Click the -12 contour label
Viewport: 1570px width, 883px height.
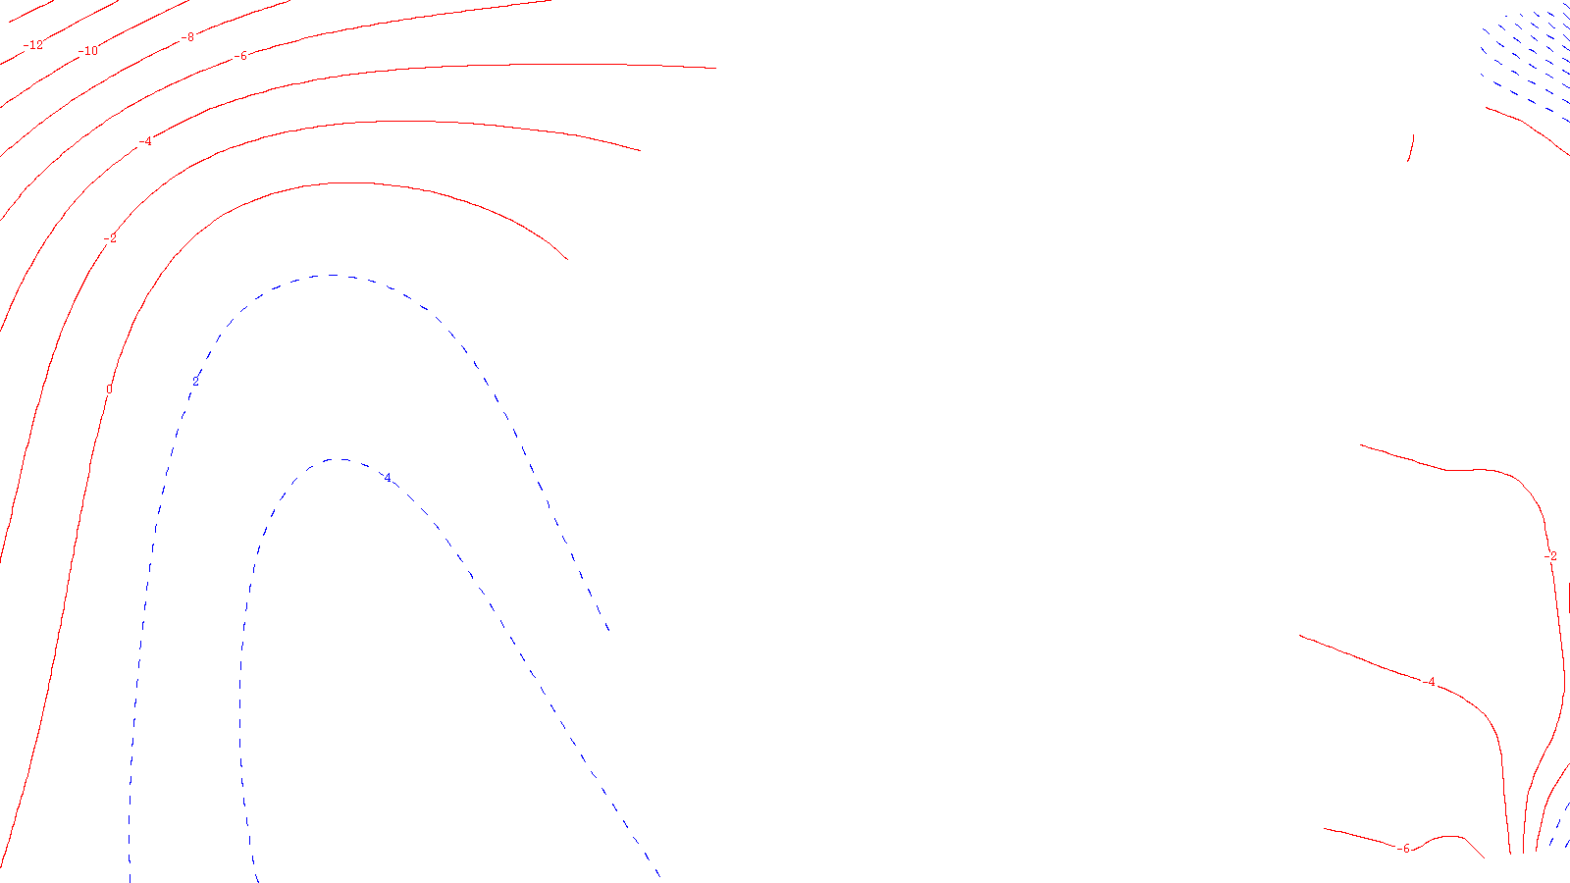(33, 45)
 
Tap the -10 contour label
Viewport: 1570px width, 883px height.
(89, 51)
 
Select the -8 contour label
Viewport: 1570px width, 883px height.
(187, 37)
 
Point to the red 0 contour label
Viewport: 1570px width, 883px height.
(109, 390)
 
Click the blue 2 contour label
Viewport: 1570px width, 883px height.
(195, 381)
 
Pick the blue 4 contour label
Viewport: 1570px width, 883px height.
(388, 478)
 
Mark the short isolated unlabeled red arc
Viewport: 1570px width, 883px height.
(1411, 149)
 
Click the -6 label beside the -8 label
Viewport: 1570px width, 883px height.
(242, 56)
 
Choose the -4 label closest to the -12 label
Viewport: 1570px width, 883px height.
(145, 141)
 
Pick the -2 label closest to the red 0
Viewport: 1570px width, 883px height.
(110, 238)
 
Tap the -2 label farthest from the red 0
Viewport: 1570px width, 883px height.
(1550, 556)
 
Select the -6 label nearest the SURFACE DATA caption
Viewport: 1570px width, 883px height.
(1404, 849)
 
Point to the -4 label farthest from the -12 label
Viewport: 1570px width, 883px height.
(1430, 682)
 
